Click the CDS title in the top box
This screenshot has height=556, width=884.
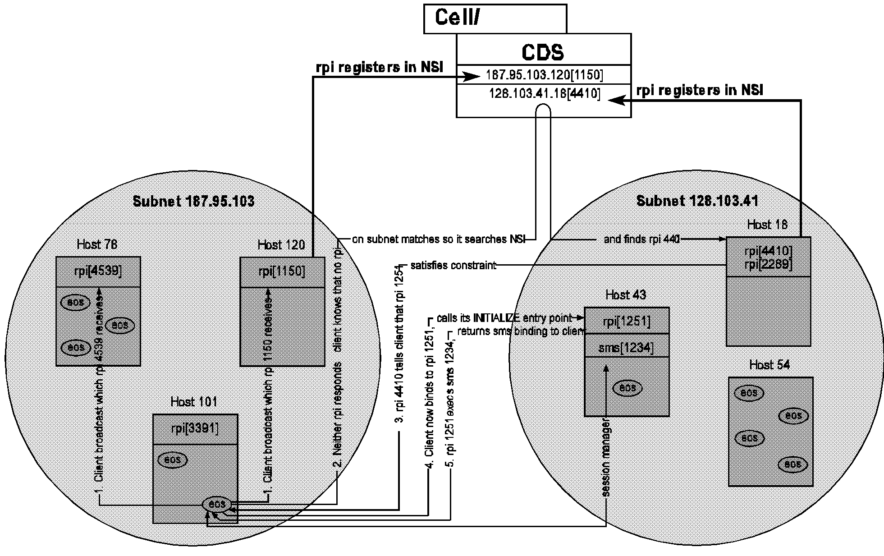543,52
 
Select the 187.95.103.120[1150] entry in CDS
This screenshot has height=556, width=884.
544,74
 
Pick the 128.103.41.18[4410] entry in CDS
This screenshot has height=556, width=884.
544,94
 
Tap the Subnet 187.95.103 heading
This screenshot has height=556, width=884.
193,201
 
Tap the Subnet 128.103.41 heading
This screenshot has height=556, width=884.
697,201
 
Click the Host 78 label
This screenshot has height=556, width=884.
97,245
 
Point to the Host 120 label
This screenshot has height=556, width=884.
281,245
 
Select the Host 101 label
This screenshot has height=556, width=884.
194,402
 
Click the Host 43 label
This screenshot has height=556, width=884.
626,295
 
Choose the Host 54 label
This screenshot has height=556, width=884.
769,365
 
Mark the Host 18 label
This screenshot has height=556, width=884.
767,225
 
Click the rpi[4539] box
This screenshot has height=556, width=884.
98,271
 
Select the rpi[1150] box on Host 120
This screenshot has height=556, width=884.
282,272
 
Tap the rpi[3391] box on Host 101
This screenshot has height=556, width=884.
195,429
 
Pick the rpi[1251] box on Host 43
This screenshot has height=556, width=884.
626,321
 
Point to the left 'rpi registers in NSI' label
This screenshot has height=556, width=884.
379,68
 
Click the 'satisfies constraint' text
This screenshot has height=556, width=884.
453,266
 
